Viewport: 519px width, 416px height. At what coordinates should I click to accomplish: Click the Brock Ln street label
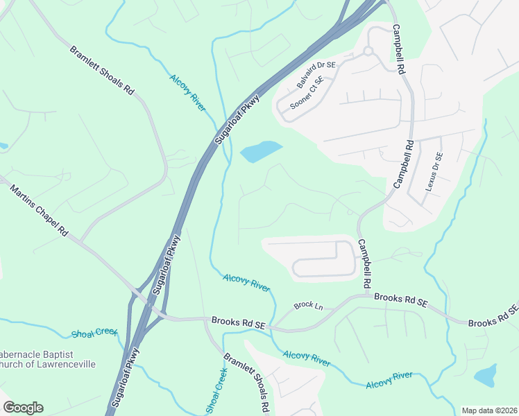(x=308, y=305)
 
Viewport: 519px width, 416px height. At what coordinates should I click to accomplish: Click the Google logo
(x=23, y=408)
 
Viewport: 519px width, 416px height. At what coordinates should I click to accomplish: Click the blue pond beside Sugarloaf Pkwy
(x=260, y=151)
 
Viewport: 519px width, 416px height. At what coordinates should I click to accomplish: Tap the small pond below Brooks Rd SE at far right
(x=485, y=375)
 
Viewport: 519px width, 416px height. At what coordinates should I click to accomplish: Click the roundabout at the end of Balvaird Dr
(x=368, y=51)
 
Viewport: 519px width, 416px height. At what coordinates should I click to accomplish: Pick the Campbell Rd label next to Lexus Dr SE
(x=404, y=164)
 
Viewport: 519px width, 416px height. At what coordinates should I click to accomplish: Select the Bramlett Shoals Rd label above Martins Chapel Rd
(x=101, y=69)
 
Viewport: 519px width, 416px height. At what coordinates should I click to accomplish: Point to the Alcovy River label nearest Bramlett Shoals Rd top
(x=188, y=92)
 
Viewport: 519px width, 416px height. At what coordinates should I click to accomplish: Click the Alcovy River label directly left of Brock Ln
(x=246, y=282)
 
